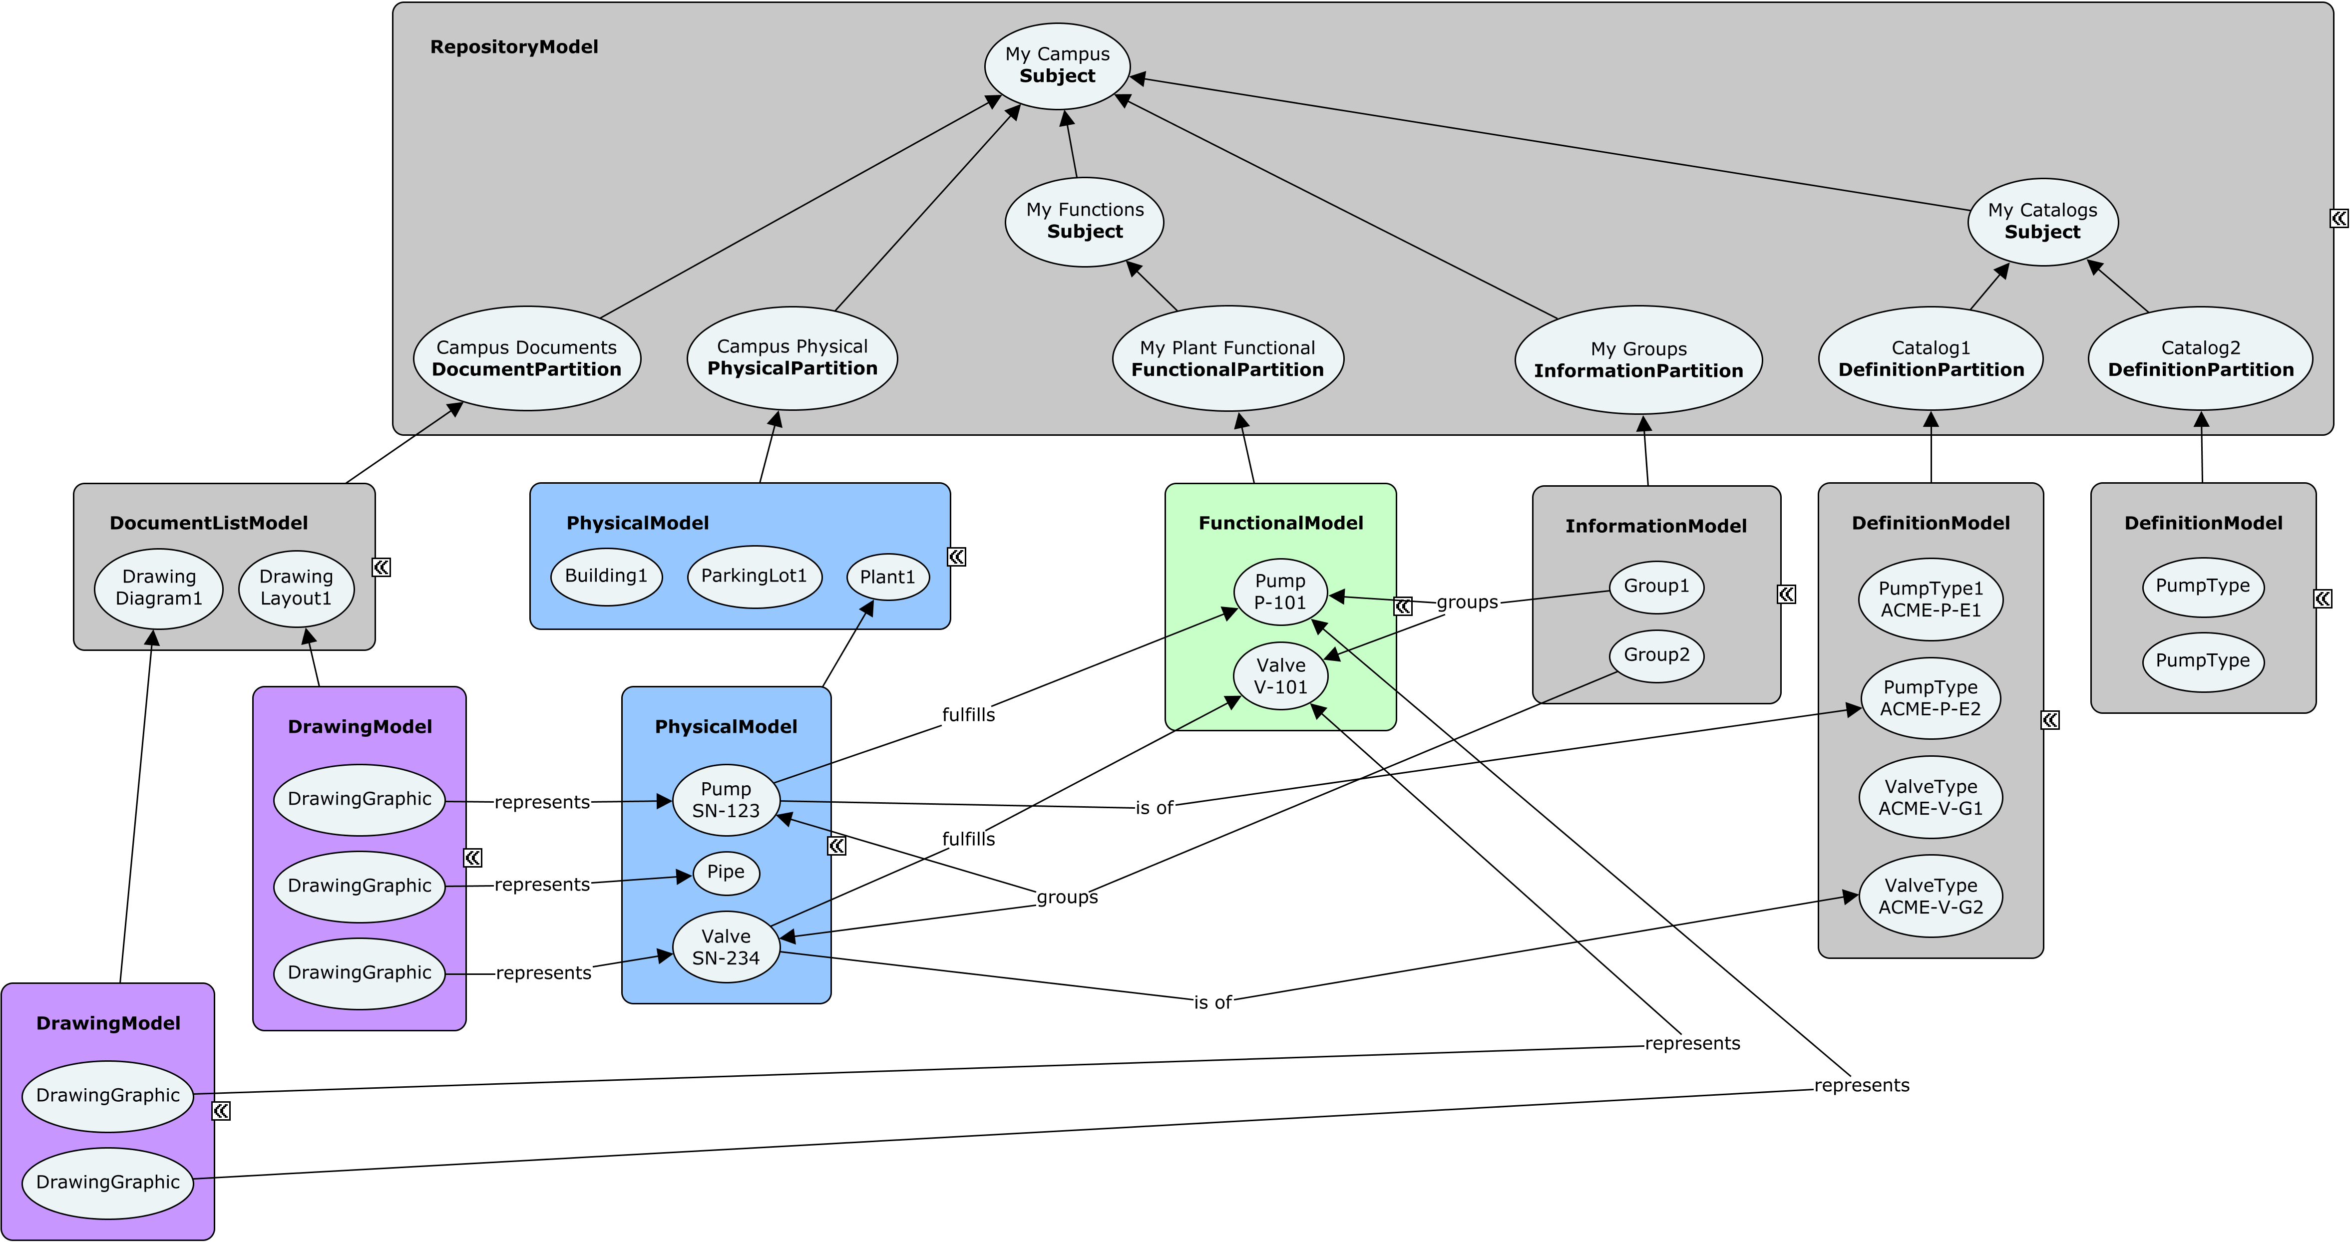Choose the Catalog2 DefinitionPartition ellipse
(x=2200, y=358)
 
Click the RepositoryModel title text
(x=514, y=46)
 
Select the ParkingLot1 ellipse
(x=754, y=576)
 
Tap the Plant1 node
(x=887, y=577)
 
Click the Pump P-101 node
(x=1279, y=592)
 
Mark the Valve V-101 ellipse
(x=1279, y=676)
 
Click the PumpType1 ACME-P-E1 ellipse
(x=1930, y=600)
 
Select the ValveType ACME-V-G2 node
(x=1930, y=896)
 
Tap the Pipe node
(x=726, y=873)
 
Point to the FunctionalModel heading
(x=1280, y=523)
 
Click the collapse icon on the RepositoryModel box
(x=2339, y=218)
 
